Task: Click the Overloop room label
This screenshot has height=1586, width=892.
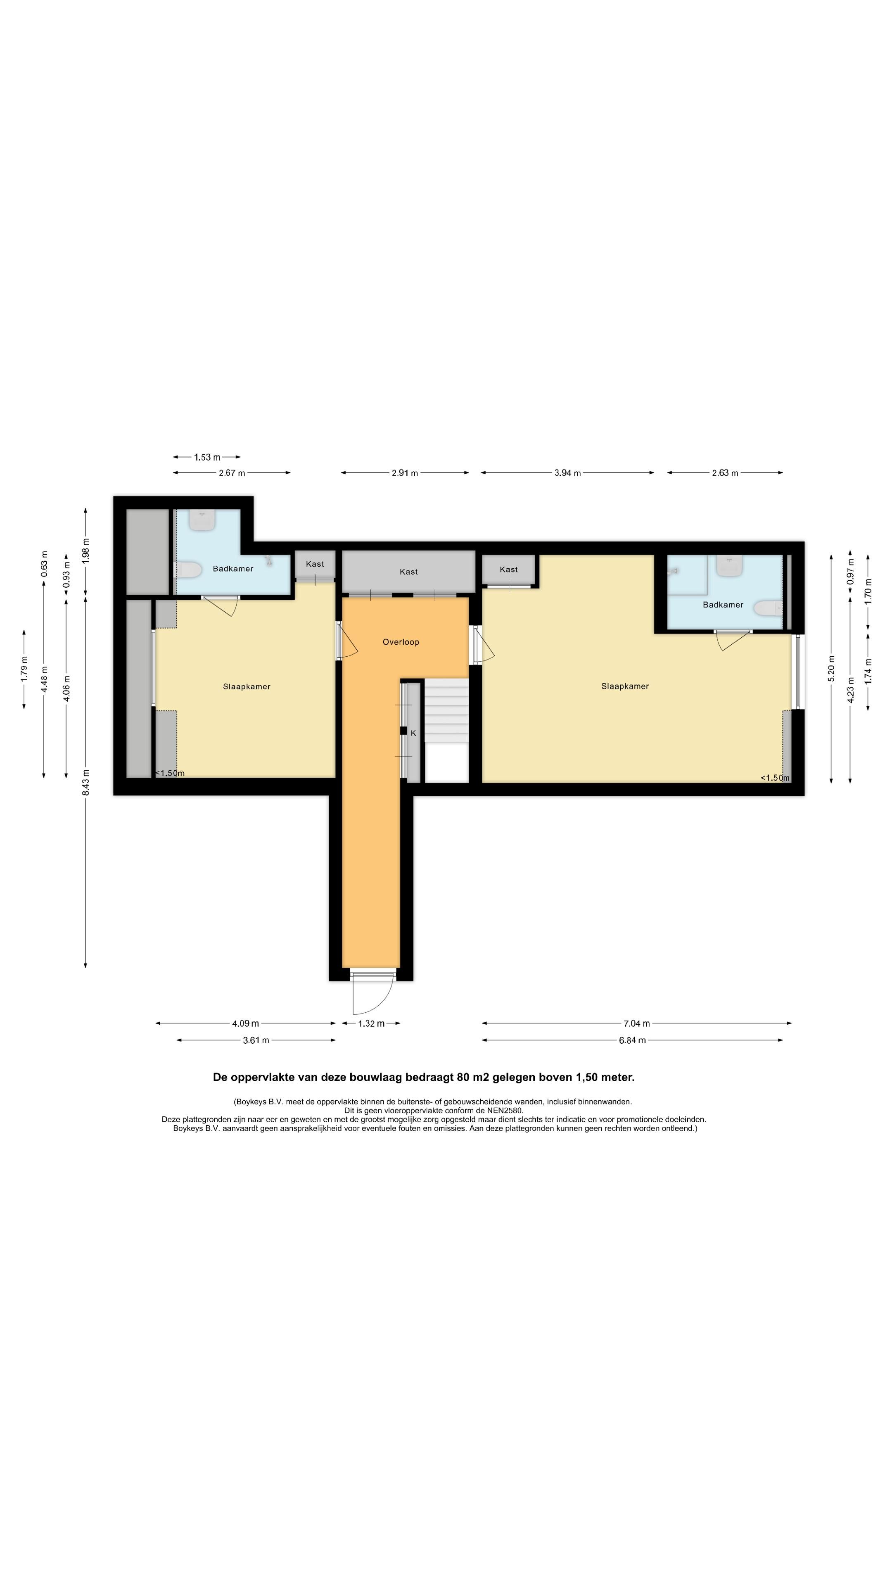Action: (401, 642)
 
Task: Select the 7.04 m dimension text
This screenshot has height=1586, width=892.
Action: (636, 1024)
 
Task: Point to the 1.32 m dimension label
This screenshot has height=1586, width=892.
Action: (371, 1024)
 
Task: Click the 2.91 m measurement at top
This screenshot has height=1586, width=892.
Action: (404, 473)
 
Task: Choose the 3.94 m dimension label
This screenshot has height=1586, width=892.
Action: (567, 473)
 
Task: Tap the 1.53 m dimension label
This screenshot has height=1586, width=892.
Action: (207, 458)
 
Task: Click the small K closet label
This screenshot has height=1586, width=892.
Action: (413, 733)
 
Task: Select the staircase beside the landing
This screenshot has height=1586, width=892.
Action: (447, 730)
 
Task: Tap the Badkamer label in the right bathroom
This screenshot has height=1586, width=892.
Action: (724, 605)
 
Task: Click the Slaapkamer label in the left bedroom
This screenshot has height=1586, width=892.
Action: (247, 686)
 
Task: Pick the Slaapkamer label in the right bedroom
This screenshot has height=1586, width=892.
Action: (625, 686)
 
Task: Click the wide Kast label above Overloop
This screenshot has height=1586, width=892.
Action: (409, 572)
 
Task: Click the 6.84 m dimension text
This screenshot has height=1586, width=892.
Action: (632, 1040)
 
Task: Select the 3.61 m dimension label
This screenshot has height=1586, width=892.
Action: (256, 1040)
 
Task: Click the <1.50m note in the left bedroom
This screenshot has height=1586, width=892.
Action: (169, 773)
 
